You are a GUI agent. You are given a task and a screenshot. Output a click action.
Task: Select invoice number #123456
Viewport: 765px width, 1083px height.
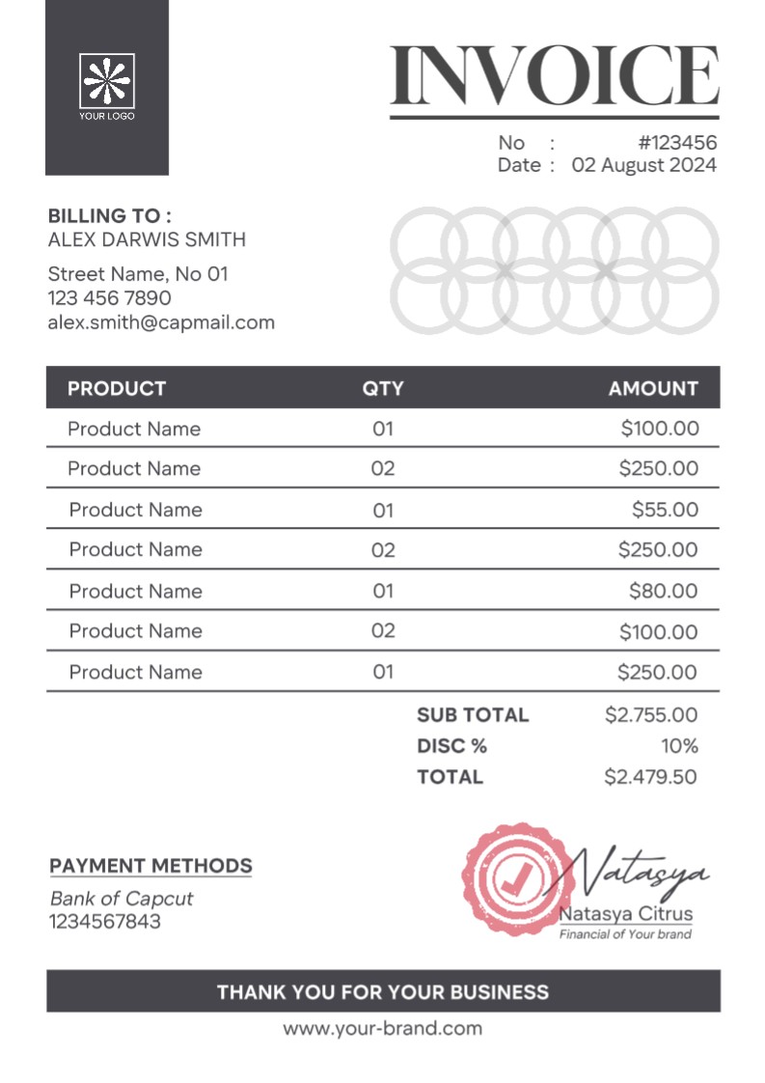coord(678,143)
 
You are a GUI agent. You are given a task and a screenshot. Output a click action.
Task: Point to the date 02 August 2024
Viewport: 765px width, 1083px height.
coord(644,165)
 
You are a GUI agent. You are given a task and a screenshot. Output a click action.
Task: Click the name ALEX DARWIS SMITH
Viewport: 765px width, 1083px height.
coord(147,239)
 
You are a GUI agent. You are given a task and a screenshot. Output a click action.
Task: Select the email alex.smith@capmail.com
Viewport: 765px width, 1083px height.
coord(161,322)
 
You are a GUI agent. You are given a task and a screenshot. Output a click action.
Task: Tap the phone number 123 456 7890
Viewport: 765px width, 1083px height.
coord(109,298)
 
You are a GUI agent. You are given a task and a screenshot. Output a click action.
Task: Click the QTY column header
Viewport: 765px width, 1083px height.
coord(383,389)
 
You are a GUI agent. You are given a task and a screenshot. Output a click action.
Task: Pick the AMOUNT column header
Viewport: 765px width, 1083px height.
coord(653,389)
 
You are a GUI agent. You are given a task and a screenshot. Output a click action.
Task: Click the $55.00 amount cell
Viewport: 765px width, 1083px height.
coord(665,510)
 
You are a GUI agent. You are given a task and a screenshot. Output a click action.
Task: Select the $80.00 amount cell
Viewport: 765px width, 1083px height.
coord(663,591)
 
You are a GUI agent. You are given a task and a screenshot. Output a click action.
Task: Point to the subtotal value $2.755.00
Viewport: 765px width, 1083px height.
coord(650,715)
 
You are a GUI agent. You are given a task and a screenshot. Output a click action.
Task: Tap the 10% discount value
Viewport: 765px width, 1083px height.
coord(679,746)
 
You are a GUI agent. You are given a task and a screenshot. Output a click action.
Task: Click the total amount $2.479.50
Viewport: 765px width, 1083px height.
coord(650,777)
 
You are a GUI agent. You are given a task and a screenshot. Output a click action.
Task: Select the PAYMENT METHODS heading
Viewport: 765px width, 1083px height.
coord(150,866)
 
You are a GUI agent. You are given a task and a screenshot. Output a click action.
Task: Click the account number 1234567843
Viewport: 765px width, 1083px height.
coord(105,922)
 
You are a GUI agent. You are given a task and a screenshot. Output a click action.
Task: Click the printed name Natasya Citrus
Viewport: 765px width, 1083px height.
coord(626,914)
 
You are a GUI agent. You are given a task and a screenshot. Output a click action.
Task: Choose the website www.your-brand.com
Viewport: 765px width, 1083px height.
coord(382,1029)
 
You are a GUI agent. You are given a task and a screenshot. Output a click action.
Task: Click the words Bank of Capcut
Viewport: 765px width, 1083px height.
coord(122,899)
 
